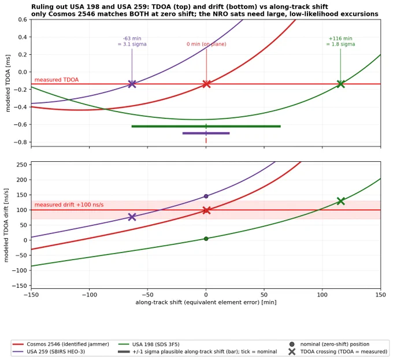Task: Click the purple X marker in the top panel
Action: point(132,84)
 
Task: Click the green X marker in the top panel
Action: point(340,84)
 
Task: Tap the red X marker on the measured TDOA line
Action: point(206,84)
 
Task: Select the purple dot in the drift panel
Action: point(206,196)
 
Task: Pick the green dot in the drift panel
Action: point(206,239)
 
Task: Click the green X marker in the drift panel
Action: point(340,201)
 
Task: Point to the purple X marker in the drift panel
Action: point(132,217)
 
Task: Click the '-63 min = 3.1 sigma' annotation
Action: point(132,42)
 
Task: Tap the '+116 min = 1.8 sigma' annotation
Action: point(340,42)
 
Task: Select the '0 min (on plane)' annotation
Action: point(206,44)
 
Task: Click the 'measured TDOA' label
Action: point(57,80)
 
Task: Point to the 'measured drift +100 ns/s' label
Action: point(69,205)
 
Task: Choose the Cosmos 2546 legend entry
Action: point(61,344)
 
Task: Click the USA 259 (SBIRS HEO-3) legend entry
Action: point(49,352)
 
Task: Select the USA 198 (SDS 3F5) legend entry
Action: point(149,344)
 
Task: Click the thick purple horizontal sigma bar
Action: point(206,133)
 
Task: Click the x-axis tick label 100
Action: point(322,295)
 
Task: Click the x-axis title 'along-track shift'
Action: point(206,302)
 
